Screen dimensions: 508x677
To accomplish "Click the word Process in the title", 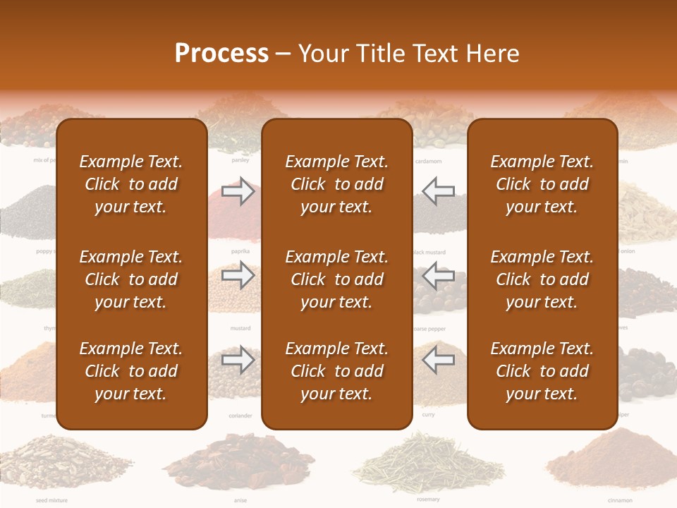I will coord(221,53).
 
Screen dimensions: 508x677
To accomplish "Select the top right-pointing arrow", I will coord(238,190).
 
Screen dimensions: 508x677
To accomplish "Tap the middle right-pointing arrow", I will coord(238,274).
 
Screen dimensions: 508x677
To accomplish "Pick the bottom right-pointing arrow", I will coord(238,360).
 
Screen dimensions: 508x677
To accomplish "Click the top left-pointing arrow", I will coord(438,190).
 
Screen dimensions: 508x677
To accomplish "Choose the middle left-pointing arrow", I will coord(438,274).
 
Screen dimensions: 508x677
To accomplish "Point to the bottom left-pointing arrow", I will coord(438,360).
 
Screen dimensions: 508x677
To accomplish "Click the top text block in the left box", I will coord(131,184).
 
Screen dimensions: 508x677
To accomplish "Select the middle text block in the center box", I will coord(336,279).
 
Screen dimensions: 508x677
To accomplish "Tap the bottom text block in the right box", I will coord(542,371).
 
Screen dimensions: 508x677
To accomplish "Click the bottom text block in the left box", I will coord(131,371).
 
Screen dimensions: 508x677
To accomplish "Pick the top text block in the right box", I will coord(542,184).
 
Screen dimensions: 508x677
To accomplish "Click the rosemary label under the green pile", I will coord(427,500).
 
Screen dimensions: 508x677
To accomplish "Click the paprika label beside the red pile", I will coord(240,251).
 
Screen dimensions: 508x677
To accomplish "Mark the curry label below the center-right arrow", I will coord(428,415).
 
